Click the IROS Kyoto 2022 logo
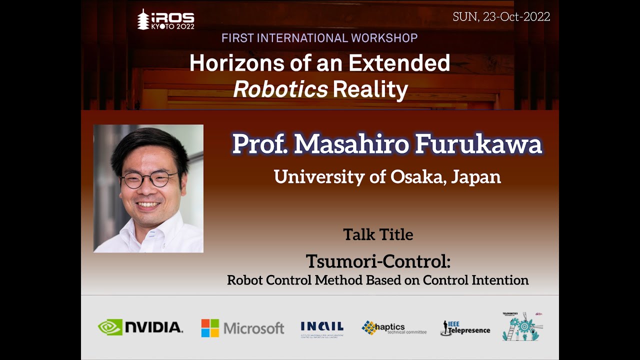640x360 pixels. point(165,20)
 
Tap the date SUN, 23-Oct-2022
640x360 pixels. point(501,16)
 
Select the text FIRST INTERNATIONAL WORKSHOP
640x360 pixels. point(319,38)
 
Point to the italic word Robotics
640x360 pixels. point(280,89)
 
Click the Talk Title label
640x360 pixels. point(378,234)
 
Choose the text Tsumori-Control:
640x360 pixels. point(378,261)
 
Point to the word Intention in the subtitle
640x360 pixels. point(500,280)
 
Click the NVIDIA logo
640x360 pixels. point(140,327)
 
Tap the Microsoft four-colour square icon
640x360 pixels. point(210,328)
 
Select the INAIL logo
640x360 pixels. point(322,329)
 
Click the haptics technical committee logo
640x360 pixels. point(394,328)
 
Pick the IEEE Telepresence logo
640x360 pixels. point(465,328)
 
